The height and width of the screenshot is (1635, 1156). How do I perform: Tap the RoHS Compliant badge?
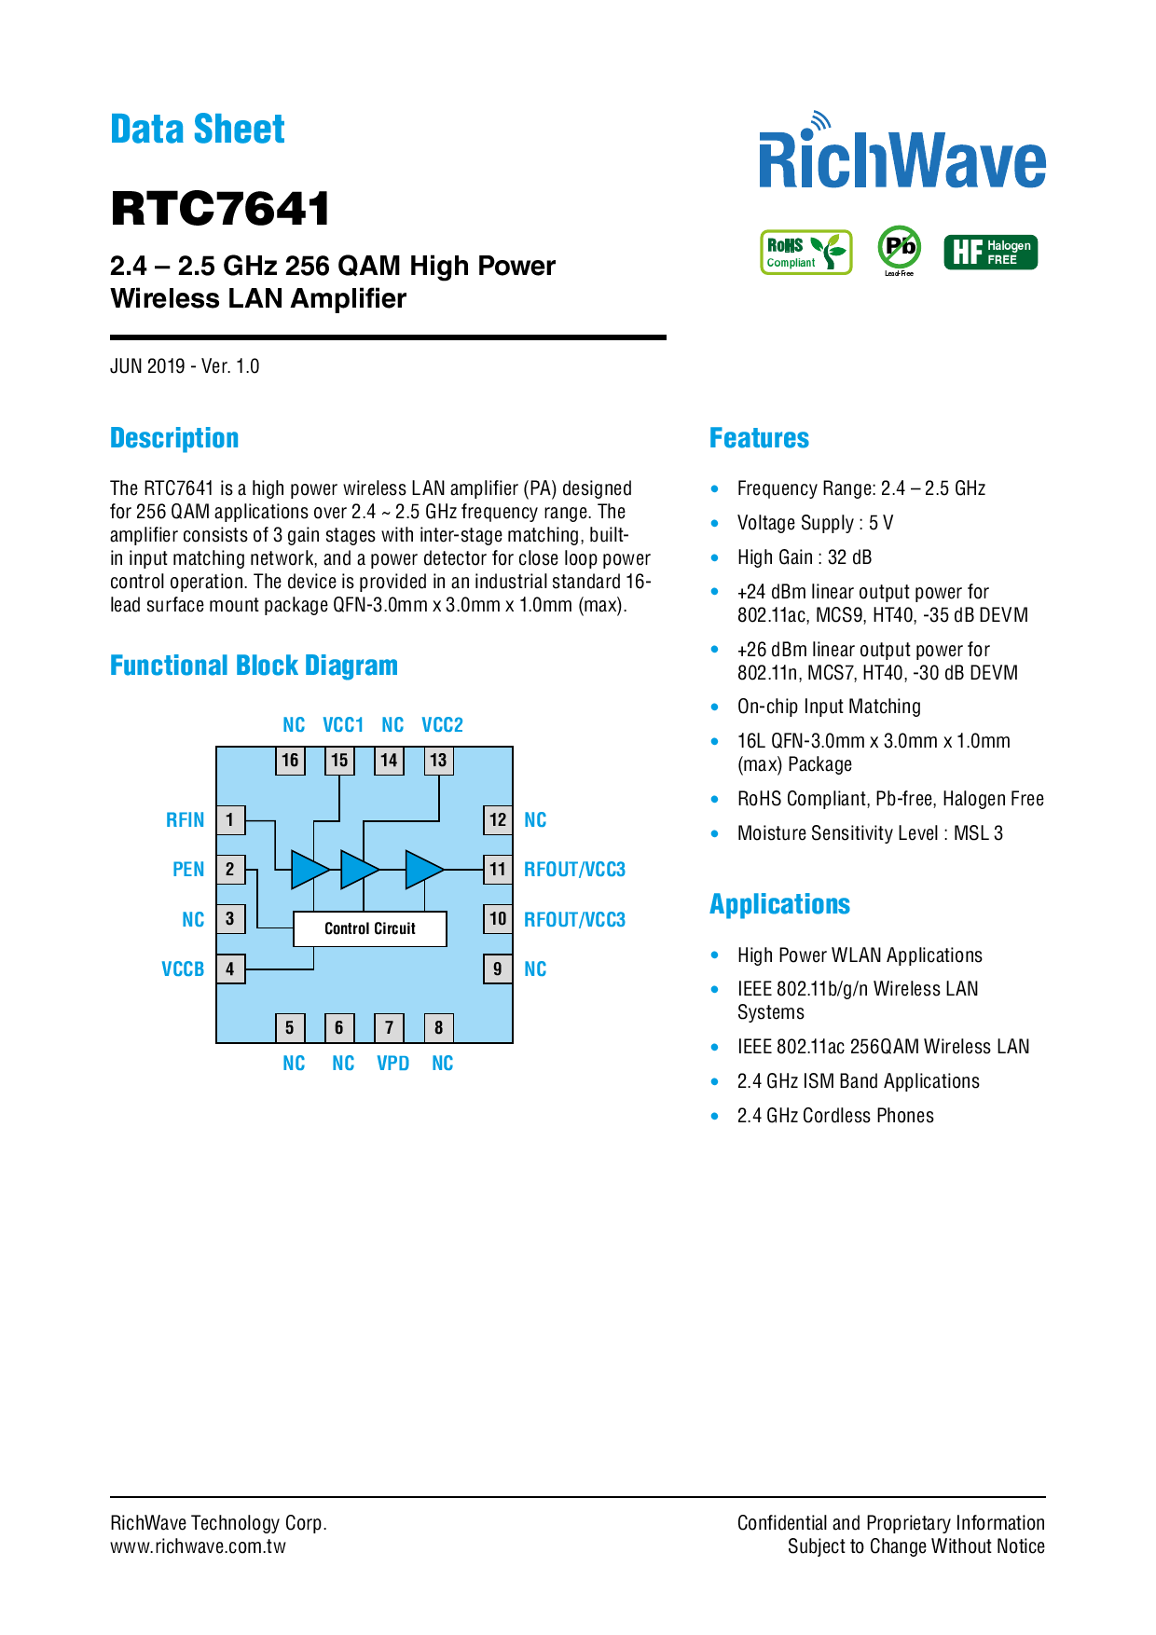pos(806,253)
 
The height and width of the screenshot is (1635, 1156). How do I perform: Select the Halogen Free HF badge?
pos(990,253)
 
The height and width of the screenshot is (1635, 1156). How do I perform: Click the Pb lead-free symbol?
pos(900,248)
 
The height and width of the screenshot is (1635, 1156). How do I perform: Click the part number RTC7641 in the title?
pos(220,209)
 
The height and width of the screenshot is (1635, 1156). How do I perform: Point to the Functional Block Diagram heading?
pos(254,666)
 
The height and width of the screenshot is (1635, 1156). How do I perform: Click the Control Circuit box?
pos(370,928)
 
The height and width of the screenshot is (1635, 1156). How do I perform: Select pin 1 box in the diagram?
pos(230,820)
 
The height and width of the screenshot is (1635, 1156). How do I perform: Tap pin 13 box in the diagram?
pos(438,761)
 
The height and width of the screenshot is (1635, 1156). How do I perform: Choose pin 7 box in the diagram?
pos(389,1028)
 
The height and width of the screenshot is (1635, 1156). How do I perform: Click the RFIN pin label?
pos(185,820)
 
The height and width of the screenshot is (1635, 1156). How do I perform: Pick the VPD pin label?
pos(392,1064)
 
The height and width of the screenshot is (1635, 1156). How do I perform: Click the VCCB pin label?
pos(183,969)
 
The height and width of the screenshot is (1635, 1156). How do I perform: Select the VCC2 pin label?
pos(442,725)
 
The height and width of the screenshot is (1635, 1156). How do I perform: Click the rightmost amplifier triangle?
pos(423,870)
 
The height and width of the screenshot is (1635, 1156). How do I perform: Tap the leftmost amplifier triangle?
pos(309,870)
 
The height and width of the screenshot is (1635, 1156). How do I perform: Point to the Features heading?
pos(759,438)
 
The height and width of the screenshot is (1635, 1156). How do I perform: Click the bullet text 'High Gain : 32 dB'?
pos(805,557)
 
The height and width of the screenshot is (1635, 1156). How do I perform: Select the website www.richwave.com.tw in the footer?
pos(198,1546)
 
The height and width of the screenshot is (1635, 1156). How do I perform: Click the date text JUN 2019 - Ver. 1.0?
pos(185,366)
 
